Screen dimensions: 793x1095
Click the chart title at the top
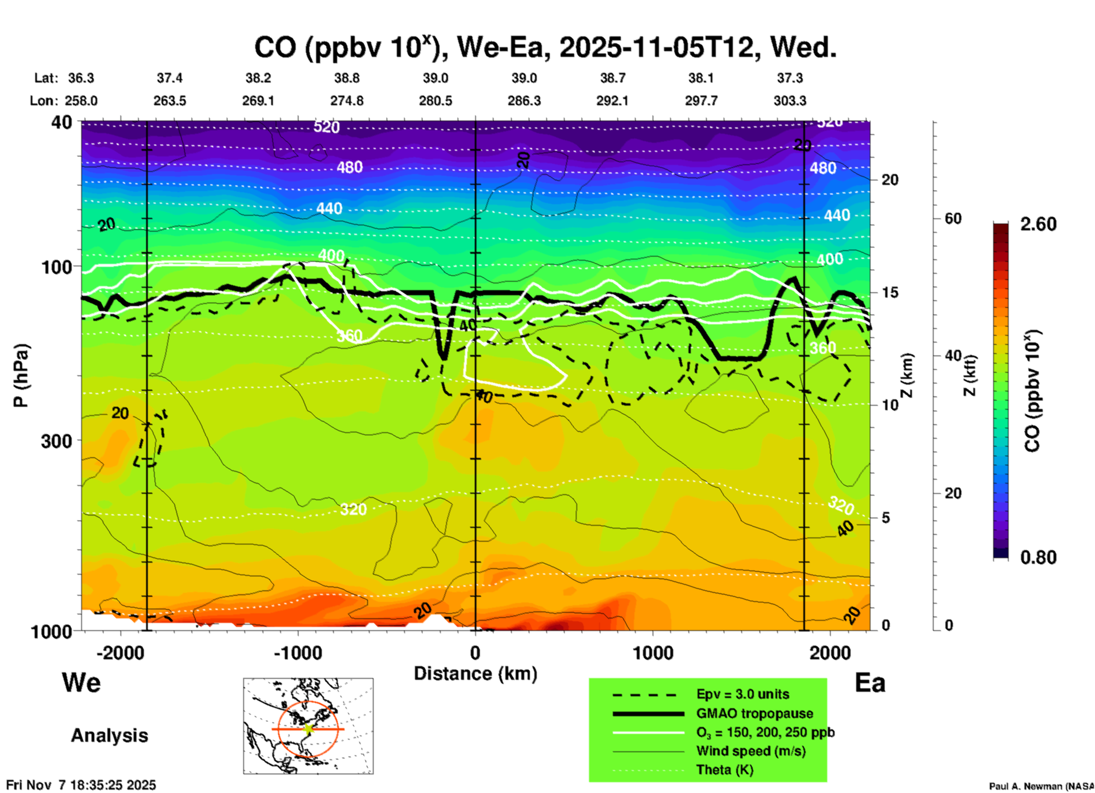coord(545,47)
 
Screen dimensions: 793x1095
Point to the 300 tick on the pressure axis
coord(56,441)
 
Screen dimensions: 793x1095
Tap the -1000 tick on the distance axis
coord(297,652)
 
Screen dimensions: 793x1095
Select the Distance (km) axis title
coord(475,674)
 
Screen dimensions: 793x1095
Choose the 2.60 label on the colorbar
coord(1038,224)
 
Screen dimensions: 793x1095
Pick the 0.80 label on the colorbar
coord(1038,557)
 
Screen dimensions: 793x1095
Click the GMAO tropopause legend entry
coord(754,713)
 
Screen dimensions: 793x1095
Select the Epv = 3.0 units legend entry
coord(743,694)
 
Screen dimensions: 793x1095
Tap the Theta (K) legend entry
coord(724,770)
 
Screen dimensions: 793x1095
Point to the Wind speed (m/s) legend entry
coord(750,751)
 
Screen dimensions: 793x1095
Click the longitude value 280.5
coord(435,101)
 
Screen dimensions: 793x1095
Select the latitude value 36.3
coord(81,78)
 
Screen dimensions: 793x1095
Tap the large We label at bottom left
coord(81,683)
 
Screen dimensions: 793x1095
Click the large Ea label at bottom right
coord(870,683)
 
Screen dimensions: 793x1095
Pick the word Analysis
coord(109,736)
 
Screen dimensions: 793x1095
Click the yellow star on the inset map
coord(308,729)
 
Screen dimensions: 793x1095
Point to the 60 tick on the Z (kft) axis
coord(953,218)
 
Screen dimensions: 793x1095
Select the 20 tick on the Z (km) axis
coord(890,180)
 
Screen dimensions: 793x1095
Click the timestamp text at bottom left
coord(81,785)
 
